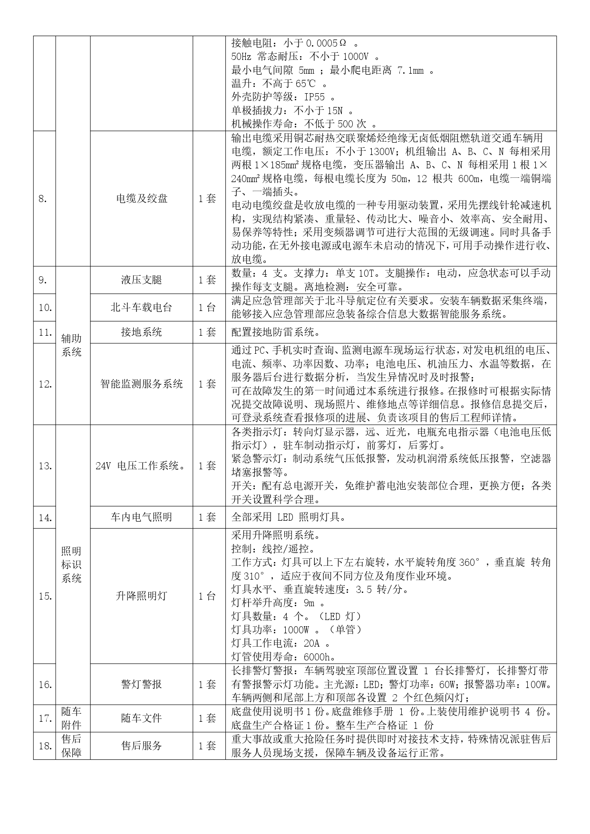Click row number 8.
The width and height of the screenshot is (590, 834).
point(43,199)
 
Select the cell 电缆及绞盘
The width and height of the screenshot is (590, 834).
point(142,199)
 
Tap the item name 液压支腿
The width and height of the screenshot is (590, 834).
point(142,280)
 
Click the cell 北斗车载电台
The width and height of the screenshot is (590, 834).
point(142,308)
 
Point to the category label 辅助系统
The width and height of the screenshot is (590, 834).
point(71,345)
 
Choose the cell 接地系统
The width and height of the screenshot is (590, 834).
point(142,332)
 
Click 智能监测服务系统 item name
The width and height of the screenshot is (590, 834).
point(142,384)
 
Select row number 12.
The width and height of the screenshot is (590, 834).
point(45,384)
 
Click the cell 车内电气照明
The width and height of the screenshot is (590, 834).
point(142,517)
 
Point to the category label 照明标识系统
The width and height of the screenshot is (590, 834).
point(71,565)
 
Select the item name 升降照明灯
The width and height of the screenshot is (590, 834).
point(142,596)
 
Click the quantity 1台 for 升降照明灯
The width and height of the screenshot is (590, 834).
point(207,596)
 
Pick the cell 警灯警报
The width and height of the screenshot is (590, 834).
point(142,684)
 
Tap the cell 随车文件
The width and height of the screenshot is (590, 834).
point(142,718)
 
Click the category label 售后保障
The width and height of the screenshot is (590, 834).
point(71,746)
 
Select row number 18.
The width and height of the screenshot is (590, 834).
point(45,746)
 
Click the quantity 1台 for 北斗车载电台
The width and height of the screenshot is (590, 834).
point(207,308)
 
